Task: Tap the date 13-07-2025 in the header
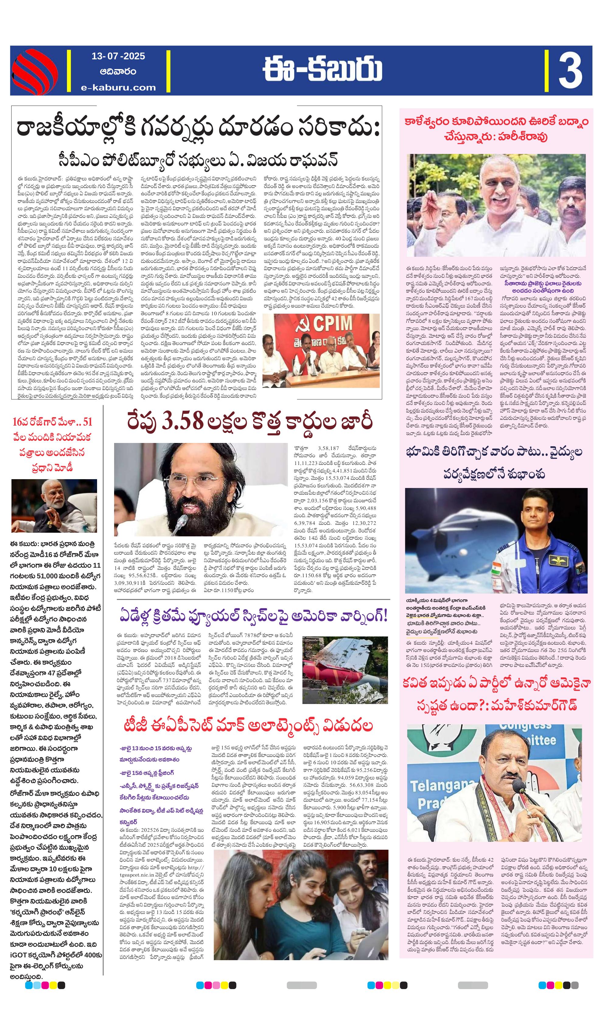(x=118, y=56)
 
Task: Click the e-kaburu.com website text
(x=118, y=87)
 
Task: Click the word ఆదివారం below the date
(x=118, y=71)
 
